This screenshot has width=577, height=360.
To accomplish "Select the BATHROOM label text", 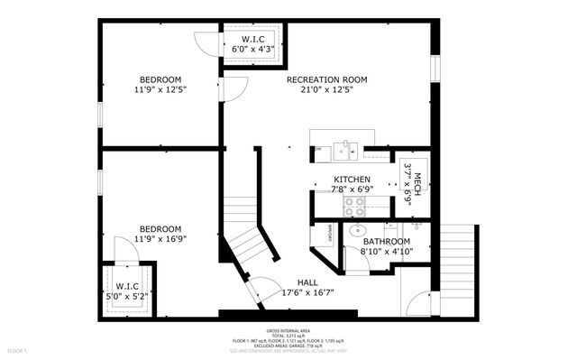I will [386, 242].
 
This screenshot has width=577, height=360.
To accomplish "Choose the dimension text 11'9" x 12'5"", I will [160, 89].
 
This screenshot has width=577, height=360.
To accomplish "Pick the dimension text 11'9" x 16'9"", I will [160, 239].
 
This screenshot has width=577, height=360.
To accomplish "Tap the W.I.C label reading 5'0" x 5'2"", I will [125, 290].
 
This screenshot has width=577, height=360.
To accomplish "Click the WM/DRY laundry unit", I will [322, 232].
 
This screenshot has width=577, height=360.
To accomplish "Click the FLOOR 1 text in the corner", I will [17, 349].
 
